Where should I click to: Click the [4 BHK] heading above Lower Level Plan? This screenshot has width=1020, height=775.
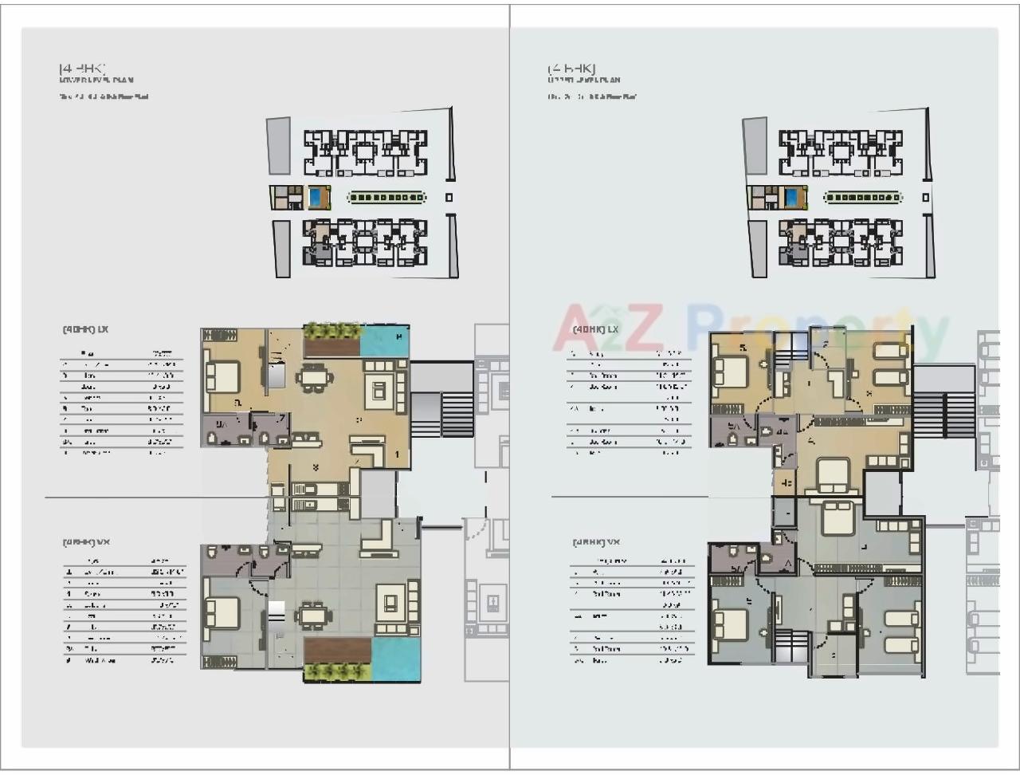pyautogui.click(x=83, y=69)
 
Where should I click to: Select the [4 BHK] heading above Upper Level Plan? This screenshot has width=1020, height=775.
pyautogui.click(x=571, y=69)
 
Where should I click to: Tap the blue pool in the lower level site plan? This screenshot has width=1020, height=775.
pyautogui.click(x=317, y=197)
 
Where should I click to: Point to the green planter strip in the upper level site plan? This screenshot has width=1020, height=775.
pyautogui.click(x=862, y=197)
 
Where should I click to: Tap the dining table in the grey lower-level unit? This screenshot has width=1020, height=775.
pyautogui.click(x=312, y=616)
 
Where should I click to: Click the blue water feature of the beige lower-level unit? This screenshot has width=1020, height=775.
pyautogui.click(x=384, y=341)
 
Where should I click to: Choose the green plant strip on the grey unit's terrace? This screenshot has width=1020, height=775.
pyautogui.click(x=335, y=673)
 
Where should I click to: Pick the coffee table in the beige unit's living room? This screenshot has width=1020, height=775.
pyautogui.click(x=379, y=391)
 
